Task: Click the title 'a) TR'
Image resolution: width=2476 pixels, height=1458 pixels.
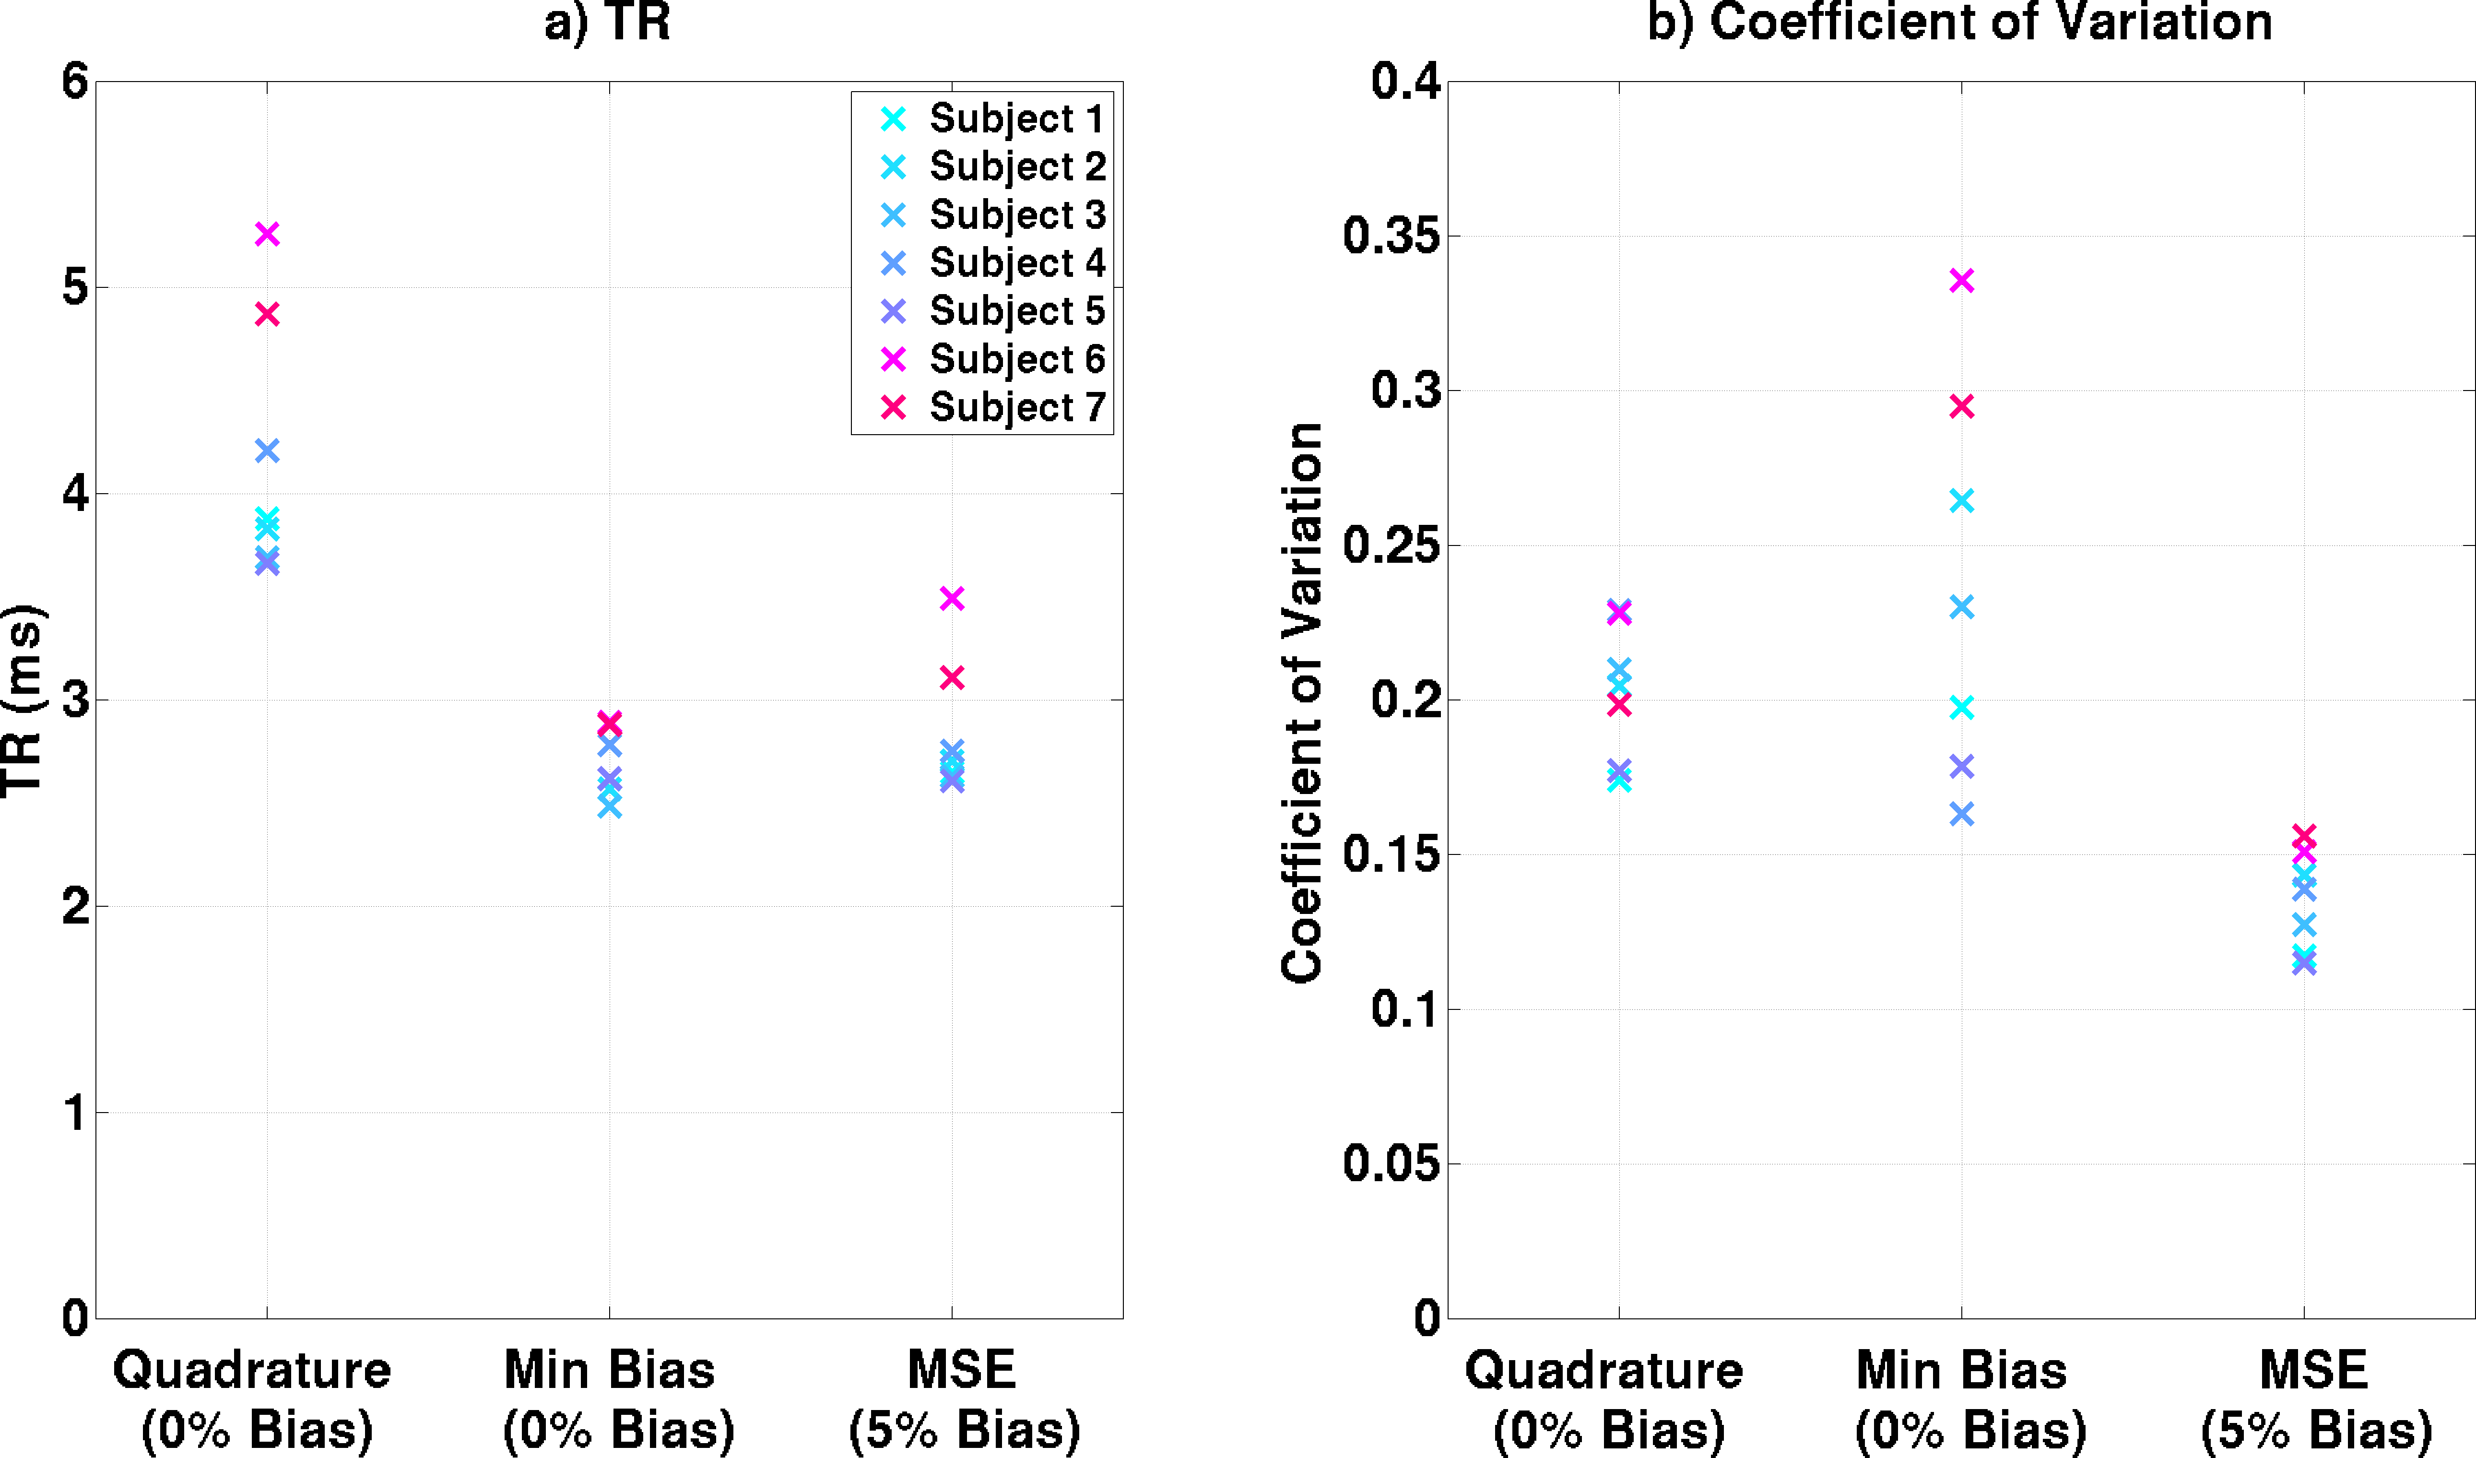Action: pyautogui.click(x=607, y=22)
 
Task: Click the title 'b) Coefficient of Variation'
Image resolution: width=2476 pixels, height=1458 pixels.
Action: pyautogui.click(x=1959, y=22)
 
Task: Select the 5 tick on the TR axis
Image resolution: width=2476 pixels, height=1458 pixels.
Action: pyautogui.click(x=75, y=288)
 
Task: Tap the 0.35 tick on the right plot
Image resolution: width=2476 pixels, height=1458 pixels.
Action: pyautogui.click(x=1391, y=236)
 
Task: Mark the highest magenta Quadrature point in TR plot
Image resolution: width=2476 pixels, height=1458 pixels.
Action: pyautogui.click(x=267, y=234)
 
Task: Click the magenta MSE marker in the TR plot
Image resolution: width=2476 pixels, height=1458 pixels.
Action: pyautogui.click(x=951, y=598)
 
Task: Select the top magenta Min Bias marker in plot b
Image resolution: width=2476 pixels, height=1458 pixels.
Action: pyautogui.click(x=1961, y=281)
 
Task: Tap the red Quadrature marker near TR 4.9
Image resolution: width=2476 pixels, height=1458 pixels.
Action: pyautogui.click(x=267, y=314)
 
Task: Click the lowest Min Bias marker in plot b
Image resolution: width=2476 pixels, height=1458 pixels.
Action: pyautogui.click(x=1961, y=814)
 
